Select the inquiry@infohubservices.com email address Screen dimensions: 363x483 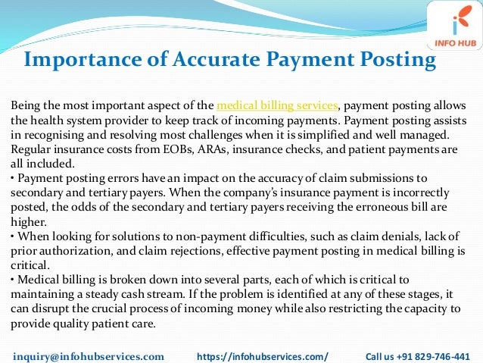(x=89, y=355)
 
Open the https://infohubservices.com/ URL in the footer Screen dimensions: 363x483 (x=263, y=355)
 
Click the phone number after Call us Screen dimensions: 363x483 (x=438, y=355)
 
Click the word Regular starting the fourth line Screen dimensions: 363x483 (x=29, y=150)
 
